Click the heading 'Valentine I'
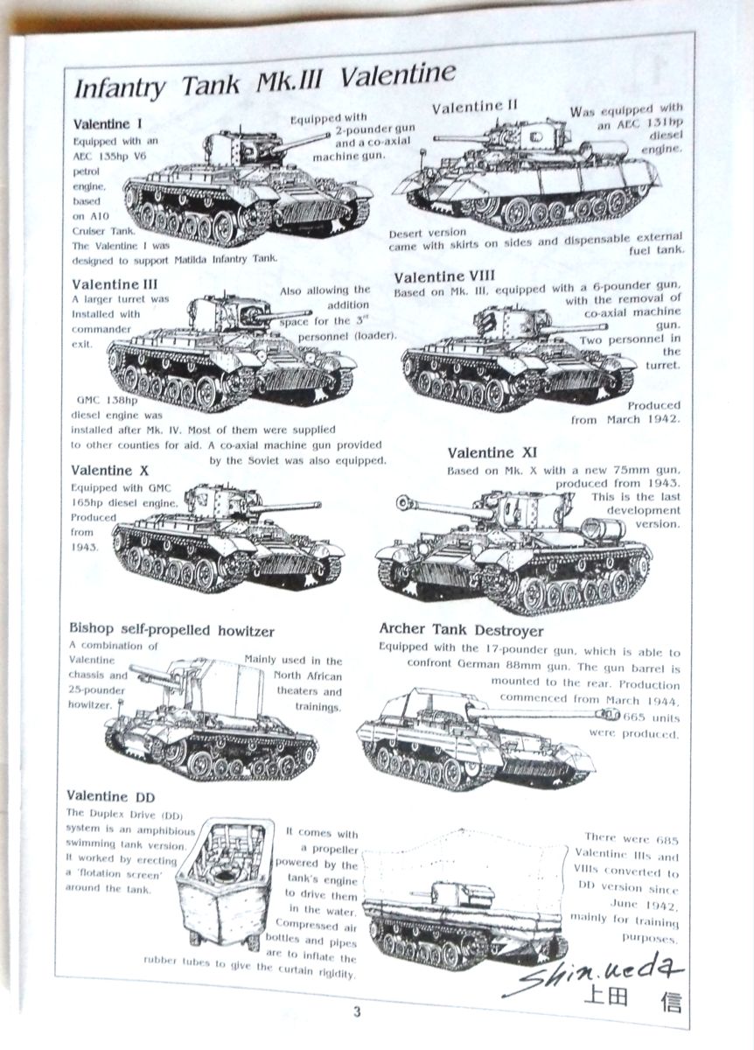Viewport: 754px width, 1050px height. point(108,123)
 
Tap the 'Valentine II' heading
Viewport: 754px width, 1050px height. point(475,107)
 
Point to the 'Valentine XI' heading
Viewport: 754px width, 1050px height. point(492,453)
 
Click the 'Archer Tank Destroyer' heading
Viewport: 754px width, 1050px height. point(461,630)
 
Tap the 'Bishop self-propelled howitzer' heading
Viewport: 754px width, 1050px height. point(171,630)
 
